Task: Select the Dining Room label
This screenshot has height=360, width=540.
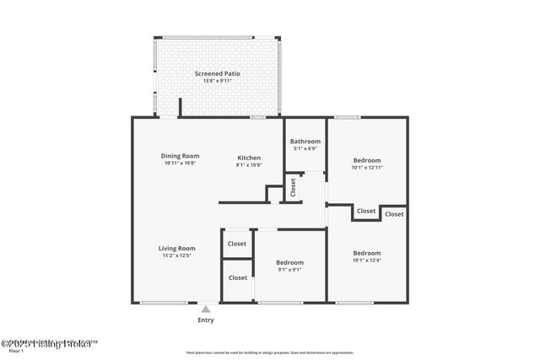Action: (180, 156)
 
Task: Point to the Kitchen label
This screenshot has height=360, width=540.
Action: (249, 158)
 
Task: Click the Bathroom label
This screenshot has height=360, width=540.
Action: (305, 142)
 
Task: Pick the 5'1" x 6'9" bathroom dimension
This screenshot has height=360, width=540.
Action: (305, 149)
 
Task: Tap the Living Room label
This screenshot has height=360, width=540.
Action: (177, 248)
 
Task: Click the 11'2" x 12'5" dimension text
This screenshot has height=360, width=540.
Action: (177, 255)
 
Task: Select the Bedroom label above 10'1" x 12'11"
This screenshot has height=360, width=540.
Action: (367, 160)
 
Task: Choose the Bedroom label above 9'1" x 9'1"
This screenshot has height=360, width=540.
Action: (289, 262)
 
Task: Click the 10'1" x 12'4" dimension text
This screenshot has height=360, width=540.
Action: (367, 261)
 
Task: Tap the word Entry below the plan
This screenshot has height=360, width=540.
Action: (206, 320)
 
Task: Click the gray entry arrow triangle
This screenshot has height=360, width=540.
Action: (205, 309)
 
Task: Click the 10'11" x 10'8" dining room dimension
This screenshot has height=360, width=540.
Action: (180, 164)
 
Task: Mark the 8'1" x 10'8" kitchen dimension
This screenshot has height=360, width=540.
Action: (249, 165)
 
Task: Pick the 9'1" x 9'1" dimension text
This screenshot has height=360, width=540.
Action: (289, 270)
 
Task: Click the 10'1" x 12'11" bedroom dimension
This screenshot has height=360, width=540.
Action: (367, 168)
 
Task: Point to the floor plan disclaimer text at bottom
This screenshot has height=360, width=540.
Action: (270, 352)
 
